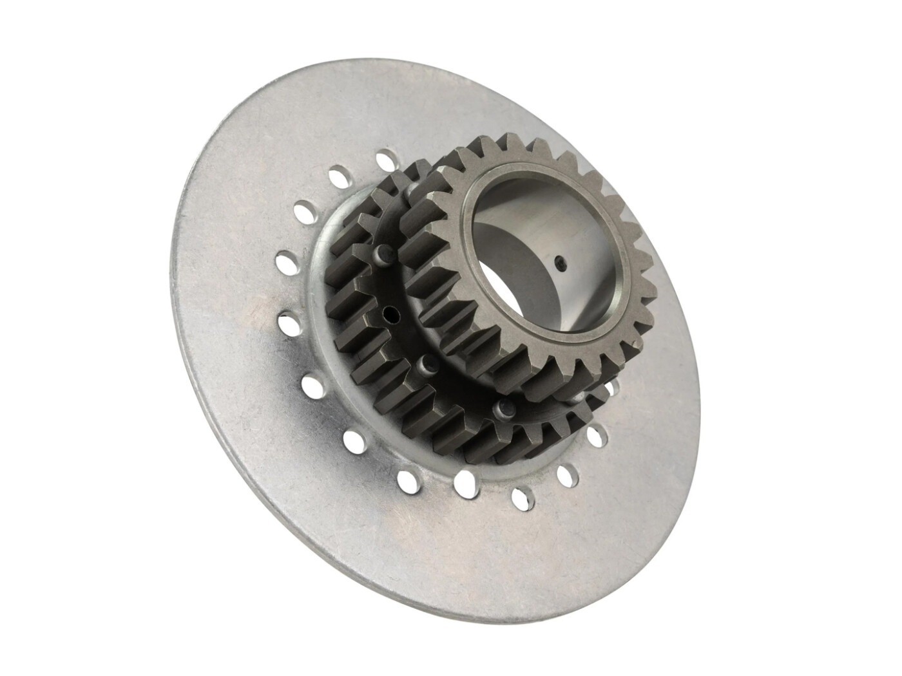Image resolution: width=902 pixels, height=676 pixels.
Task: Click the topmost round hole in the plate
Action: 385,158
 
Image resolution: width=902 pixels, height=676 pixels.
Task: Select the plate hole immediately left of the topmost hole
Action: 338,174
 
